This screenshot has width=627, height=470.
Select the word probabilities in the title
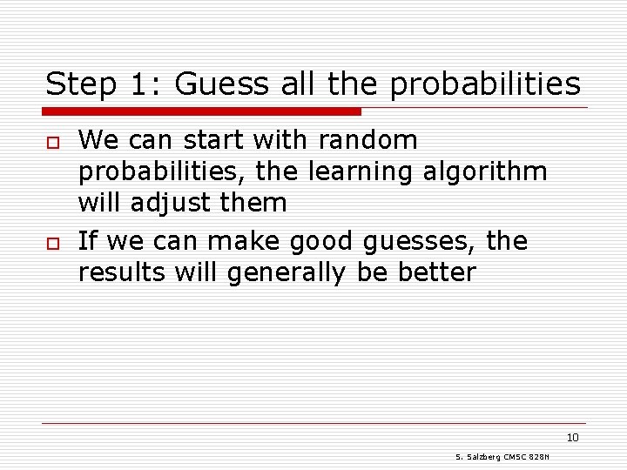coord(485,84)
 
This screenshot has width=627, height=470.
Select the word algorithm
coord(486,172)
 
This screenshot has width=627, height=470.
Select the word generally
coord(287,273)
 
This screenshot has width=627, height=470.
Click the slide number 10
coord(572,437)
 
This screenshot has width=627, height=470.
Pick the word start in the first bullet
coord(204,140)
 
